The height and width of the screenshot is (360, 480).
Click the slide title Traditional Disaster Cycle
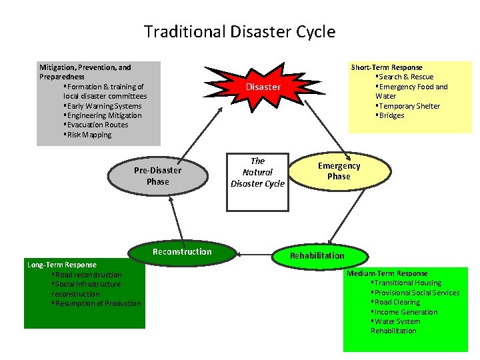239,31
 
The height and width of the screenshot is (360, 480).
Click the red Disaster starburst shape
263,87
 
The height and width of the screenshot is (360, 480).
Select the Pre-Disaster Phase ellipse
157,176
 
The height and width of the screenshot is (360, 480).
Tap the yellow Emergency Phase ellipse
339,171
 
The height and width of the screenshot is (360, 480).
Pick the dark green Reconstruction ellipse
182,252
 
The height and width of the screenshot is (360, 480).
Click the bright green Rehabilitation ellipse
317,255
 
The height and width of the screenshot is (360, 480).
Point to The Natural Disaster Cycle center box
257,173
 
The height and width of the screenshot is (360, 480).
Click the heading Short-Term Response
387,67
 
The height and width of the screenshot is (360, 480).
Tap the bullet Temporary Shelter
409,106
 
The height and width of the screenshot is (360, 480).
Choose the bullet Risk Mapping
89,135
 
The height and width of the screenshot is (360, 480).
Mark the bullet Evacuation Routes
97,125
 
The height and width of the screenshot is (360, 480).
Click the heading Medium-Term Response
387,273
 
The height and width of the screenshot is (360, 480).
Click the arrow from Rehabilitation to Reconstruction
257,254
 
